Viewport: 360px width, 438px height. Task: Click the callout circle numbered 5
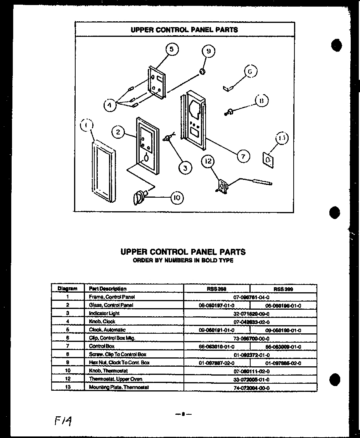point(171,49)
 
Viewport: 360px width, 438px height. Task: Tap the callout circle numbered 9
point(208,51)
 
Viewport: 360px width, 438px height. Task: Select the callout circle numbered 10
point(176,197)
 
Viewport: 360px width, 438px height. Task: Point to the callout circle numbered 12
point(208,161)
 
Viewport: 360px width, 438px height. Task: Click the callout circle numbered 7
point(243,156)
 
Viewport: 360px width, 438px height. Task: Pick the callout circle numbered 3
point(185,167)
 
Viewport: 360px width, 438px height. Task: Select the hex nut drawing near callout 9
point(202,71)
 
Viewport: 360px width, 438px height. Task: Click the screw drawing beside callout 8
point(229,112)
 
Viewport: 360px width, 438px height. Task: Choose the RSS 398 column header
point(216,289)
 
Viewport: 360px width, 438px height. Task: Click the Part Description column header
point(108,289)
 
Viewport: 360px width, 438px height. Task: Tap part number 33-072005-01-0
point(250,379)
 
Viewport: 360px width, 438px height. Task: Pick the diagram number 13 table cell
point(67,387)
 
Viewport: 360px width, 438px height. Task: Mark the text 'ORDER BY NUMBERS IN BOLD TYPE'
point(183,261)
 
